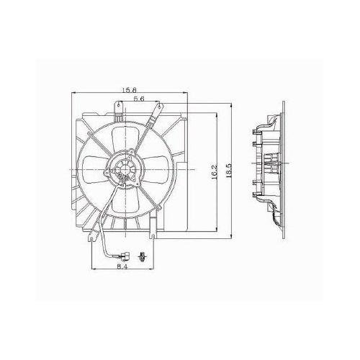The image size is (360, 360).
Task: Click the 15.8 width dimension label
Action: click(x=130, y=90)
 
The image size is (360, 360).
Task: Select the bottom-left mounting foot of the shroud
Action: click(x=93, y=232)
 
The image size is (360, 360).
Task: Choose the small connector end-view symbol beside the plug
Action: click(x=142, y=254)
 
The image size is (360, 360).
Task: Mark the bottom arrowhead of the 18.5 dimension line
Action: click(x=229, y=238)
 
